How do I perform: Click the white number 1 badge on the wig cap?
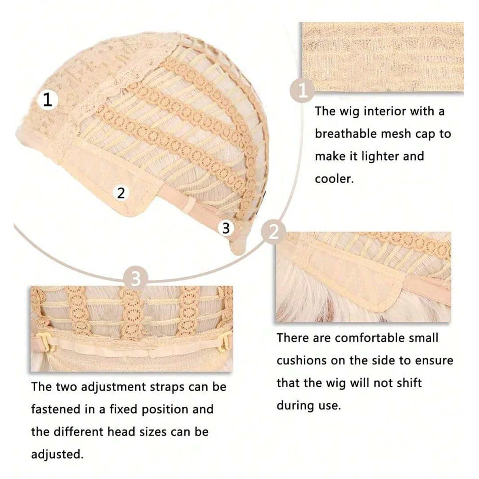pyautogui.click(x=48, y=100)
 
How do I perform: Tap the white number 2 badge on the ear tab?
pyautogui.click(x=121, y=193)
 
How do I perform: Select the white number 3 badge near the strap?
pyautogui.click(x=226, y=228)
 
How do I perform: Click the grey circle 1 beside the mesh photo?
pyautogui.click(x=303, y=91)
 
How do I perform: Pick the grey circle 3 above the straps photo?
pyautogui.click(x=136, y=278)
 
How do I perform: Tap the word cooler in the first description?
pyautogui.click(x=334, y=179)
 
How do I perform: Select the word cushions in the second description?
pyautogui.click(x=301, y=360)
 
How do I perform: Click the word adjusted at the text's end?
pyautogui.click(x=57, y=454)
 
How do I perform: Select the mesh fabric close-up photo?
pyautogui.click(x=383, y=57)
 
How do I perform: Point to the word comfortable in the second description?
pyautogui.click(x=384, y=338)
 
